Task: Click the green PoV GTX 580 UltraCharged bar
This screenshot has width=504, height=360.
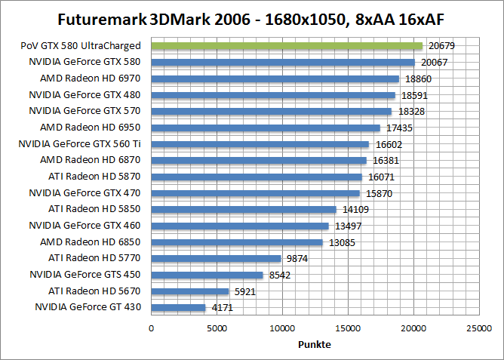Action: point(287,46)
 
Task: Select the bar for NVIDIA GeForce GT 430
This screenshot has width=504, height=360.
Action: point(178,307)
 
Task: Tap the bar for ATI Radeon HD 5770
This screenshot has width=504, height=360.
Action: point(216,258)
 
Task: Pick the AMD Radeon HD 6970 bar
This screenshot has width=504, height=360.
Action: point(275,78)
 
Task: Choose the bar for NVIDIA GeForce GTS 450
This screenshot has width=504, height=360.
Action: point(207,275)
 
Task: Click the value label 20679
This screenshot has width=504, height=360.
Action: point(441,46)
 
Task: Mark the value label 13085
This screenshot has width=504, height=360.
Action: point(341,242)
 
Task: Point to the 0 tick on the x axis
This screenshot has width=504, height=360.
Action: point(152,328)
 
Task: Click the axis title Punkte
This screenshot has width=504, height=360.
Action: point(315,344)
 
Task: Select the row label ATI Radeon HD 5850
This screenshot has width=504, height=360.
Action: point(94,209)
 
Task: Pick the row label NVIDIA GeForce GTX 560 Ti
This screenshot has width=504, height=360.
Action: point(79,144)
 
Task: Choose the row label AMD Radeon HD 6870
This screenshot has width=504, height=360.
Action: point(91,160)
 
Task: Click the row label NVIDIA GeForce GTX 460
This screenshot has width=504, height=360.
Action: point(85,226)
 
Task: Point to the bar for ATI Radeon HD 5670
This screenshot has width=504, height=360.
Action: point(190,291)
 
